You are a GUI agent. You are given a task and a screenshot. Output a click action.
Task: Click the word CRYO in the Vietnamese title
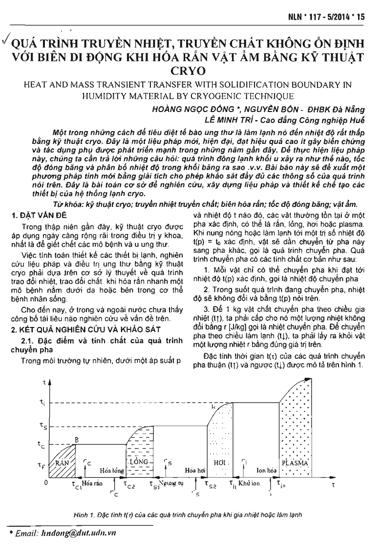[x=190, y=71]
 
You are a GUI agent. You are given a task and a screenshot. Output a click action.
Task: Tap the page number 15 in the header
[x=360, y=17]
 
